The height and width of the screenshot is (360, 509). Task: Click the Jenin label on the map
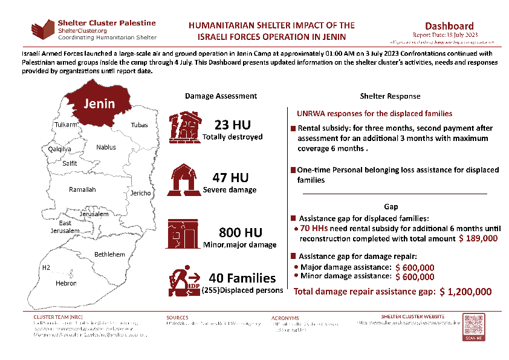99,103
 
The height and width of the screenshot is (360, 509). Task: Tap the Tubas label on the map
139,125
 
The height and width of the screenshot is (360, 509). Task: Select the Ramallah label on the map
82,189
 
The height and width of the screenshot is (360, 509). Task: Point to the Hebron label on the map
66,283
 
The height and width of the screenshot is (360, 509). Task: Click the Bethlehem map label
109,254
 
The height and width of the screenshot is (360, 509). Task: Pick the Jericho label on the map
140,193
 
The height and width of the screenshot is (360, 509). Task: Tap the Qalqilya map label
60,149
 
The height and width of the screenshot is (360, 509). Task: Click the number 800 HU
240,233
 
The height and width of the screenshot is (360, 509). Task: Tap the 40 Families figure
242,278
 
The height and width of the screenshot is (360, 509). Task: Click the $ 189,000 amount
478,239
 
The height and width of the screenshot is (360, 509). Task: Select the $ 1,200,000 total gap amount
465,292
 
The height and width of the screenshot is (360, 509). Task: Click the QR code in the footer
473,327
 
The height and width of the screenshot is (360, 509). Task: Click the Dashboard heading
449,26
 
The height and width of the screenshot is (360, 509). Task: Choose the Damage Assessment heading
221,96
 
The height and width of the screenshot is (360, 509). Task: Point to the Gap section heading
391,206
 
